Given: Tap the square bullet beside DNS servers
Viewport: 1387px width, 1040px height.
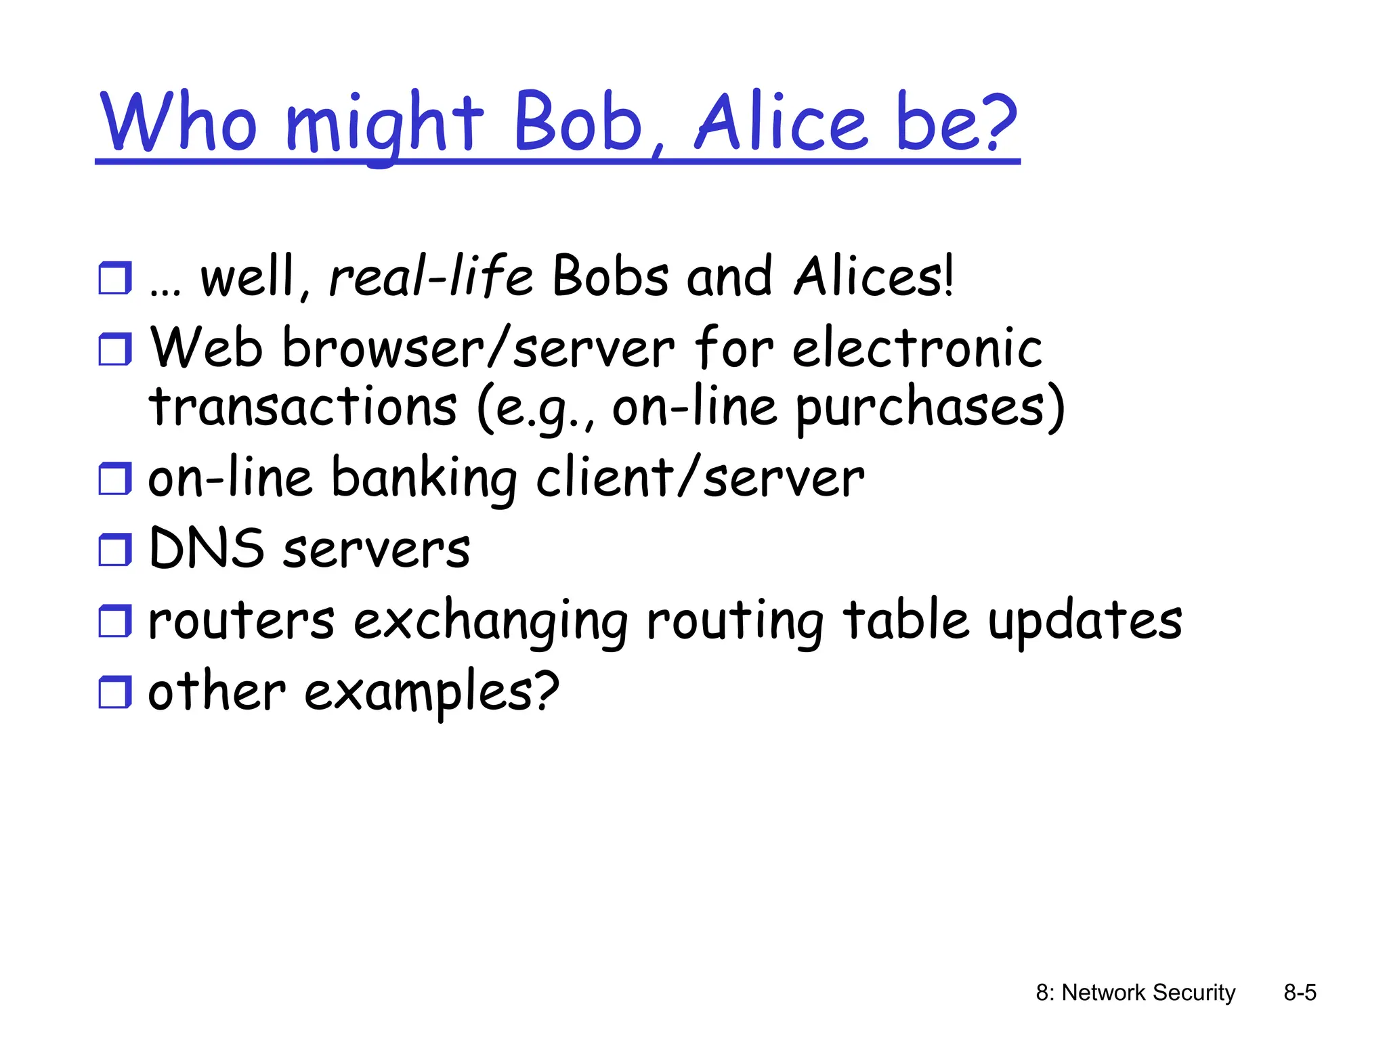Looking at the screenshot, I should (x=114, y=549).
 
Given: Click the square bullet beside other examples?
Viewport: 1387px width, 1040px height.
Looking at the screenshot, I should (x=114, y=692).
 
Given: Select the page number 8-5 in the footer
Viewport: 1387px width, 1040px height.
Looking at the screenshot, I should (x=1300, y=993).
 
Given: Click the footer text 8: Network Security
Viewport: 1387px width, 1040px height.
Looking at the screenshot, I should (x=1135, y=993).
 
